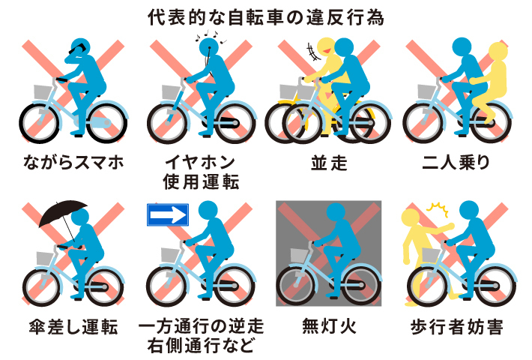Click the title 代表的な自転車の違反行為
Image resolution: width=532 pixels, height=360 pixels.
pyautogui.click(x=266, y=17)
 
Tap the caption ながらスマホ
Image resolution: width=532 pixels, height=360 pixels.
pyautogui.click(x=73, y=162)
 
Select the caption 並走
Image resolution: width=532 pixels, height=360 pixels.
pyautogui.click(x=329, y=163)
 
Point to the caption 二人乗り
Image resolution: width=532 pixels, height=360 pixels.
pyautogui.click(x=456, y=162)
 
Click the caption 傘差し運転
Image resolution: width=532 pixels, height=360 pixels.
pyautogui.click(x=73, y=327)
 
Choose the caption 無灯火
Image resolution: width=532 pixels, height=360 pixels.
pyautogui.click(x=329, y=326)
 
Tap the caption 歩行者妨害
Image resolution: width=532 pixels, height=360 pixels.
pyautogui.click(x=456, y=327)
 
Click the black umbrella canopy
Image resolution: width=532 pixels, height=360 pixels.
pyautogui.click(x=63, y=212)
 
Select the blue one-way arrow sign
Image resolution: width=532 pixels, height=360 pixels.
pyautogui.click(x=168, y=215)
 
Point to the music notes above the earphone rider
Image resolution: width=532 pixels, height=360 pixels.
pyautogui.click(x=211, y=37)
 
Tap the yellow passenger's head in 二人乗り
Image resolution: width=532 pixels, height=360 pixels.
pyautogui.click(x=498, y=52)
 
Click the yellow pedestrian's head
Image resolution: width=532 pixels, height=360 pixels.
pyautogui.click(x=411, y=218)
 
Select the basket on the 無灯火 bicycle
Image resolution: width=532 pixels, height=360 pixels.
pyautogui.click(x=300, y=256)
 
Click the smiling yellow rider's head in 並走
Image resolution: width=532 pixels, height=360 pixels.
pyautogui.click(x=326, y=47)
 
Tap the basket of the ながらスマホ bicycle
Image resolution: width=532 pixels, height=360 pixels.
pyautogui.click(x=43, y=92)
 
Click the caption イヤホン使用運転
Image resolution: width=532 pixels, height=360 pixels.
pyautogui.click(x=201, y=172)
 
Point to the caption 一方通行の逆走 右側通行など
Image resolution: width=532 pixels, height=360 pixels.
pyautogui.click(x=201, y=336)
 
